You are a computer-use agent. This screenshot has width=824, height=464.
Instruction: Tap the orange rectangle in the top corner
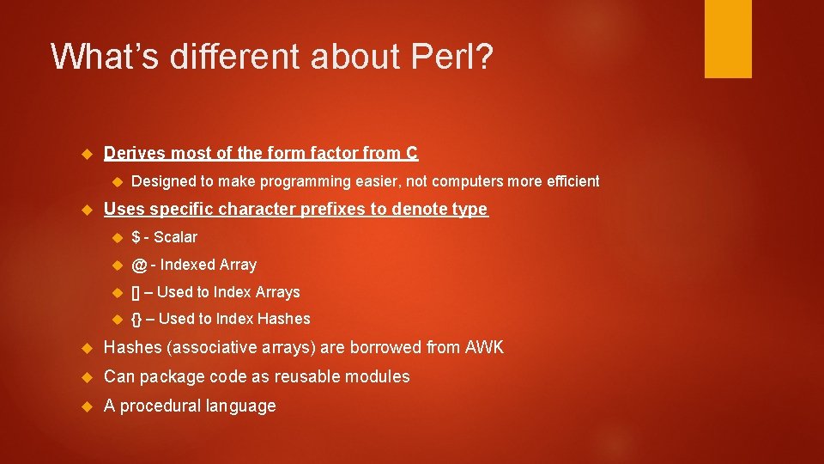(x=728, y=39)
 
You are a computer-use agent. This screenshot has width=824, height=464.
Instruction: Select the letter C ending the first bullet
(x=412, y=154)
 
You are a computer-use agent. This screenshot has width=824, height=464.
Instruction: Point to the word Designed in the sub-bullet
(x=163, y=181)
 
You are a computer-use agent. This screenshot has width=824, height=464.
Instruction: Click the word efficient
(x=572, y=181)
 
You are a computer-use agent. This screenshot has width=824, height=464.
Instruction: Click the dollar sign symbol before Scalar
(x=136, y=237)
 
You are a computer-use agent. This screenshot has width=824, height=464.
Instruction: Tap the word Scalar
(x=175, y=237)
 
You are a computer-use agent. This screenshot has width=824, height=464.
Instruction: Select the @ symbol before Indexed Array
(x=138, y=265)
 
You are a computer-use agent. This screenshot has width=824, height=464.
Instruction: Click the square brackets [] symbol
(x=136, y=292)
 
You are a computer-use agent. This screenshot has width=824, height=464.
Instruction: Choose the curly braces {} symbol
(x=136, y=319)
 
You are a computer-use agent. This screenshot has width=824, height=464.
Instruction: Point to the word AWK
(x=484, y=348)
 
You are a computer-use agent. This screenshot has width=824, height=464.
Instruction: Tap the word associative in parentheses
(x=203, y=348)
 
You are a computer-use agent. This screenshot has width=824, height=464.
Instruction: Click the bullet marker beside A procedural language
(x=85, y=406)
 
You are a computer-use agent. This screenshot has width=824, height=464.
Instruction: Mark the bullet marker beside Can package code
(x=85, y=377)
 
